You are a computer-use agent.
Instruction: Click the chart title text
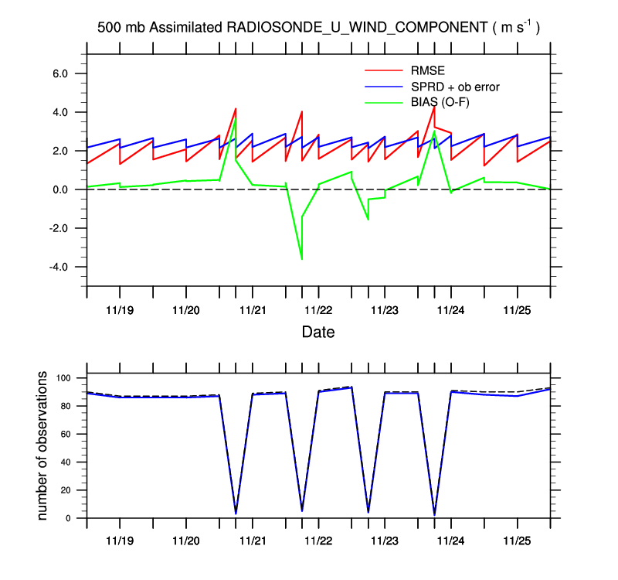[318, 27]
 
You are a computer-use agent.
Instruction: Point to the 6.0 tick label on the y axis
[60, 73]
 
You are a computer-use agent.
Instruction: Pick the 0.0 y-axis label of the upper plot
[60, 189]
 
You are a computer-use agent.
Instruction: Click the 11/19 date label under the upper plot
[120, 310]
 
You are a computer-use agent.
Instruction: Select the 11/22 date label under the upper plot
[318, 310]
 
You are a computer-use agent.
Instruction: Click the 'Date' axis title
[318, 333]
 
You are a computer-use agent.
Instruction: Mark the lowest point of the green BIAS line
[301, 259]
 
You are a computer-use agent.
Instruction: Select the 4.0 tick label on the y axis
[60, 112]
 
